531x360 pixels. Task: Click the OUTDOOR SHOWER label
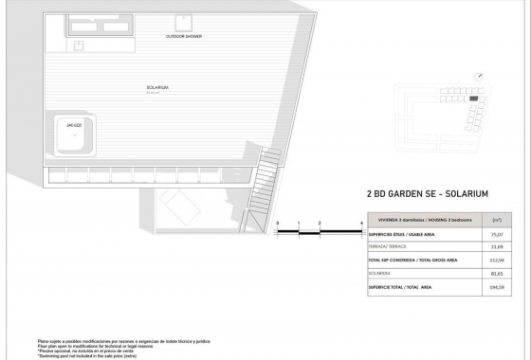click(x=184, y=37)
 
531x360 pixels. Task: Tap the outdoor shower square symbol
click(x=182, y=23)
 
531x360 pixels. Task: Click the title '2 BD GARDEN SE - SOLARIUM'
click(x=427, y=193)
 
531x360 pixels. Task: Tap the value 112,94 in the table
click(x=496, y=258)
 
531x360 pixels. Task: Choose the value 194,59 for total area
click(x=496, y=284)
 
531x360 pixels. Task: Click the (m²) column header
click(x=496, y=219)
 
